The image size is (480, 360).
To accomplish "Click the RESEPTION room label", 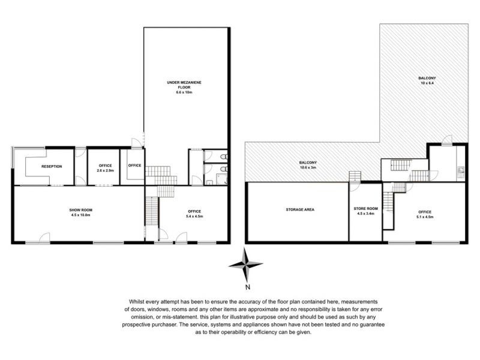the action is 52,167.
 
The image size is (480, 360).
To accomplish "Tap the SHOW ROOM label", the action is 81,210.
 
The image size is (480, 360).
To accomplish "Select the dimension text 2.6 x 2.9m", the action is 106,170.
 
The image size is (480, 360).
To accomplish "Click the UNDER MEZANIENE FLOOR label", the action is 184,85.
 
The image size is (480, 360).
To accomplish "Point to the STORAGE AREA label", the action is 300,209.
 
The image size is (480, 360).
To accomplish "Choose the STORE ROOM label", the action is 366,208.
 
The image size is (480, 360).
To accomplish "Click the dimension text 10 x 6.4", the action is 427,83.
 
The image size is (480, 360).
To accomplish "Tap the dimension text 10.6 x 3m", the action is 308,167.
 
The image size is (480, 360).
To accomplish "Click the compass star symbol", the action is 245,264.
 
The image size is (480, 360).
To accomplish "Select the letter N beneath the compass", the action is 248,287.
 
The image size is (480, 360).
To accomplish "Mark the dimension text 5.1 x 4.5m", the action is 425,217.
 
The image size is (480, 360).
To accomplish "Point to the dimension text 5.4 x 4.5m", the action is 194,216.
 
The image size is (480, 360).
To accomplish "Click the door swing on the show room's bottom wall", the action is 44,238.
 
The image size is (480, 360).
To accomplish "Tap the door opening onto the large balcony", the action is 446,139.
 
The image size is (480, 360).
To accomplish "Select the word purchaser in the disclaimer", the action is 164,325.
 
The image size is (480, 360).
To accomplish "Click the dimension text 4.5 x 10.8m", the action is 81,215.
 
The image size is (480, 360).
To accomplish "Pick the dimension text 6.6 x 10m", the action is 184,92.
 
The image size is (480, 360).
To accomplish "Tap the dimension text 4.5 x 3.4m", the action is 366,214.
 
